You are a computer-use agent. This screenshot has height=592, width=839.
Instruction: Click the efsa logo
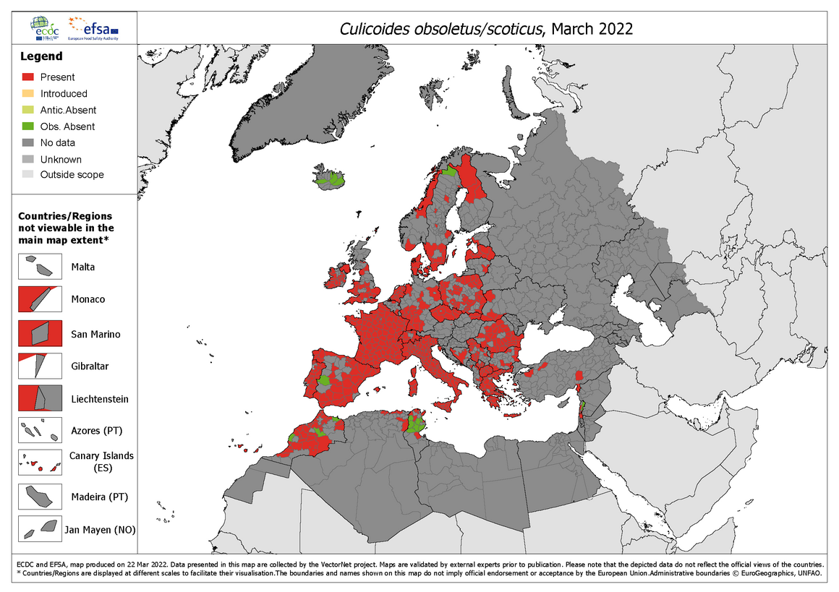[93, 28]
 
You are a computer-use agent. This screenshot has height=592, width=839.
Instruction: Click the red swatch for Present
[28, 77]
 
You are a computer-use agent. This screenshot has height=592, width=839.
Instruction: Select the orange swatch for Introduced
[28, 93]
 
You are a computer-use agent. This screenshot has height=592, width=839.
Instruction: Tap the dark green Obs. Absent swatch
[28, 126]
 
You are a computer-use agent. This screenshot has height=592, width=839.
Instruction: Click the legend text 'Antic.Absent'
[68, 110]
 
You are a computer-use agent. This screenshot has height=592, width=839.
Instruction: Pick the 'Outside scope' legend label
[72, 175]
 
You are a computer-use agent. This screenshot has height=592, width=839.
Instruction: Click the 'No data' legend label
[58, 143]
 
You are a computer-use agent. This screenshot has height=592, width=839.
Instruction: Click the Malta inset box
[39, 266]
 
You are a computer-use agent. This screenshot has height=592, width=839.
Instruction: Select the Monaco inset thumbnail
[39, 299]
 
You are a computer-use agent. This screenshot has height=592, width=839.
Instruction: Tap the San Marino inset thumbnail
[39, 334]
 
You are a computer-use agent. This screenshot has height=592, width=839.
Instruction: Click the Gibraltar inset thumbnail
[39, 366]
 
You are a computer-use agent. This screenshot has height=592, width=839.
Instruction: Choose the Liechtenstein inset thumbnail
[39, 398]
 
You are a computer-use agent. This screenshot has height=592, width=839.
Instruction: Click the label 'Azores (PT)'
[97, 431]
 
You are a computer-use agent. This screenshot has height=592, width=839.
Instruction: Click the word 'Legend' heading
[41, 56]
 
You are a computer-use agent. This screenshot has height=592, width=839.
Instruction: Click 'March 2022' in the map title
[592, 29]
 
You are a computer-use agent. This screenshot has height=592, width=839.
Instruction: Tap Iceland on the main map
[330, 178]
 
